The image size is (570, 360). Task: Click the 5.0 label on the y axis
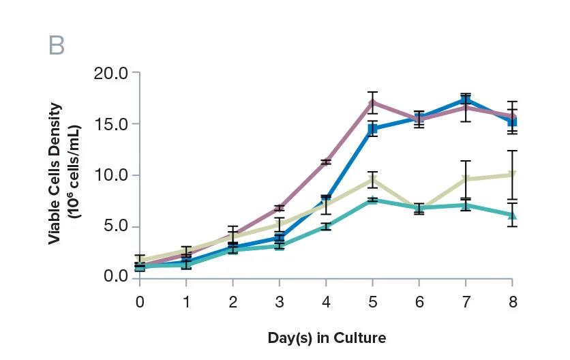[115, 226]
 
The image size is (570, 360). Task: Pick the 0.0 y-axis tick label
[115, 277]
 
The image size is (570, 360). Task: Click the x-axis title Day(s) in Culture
[327, 337]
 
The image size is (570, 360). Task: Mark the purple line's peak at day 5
[372, 102]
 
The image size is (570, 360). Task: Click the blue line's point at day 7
[466, 100]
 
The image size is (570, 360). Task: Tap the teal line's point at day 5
[372, 200]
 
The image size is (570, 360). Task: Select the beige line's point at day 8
[512, 175]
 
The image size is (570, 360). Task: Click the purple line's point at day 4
[326, 162]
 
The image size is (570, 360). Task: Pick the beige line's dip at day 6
[419, 208]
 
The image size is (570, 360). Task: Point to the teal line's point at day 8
[512, 215]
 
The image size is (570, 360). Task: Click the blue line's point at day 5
[372, 129]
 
